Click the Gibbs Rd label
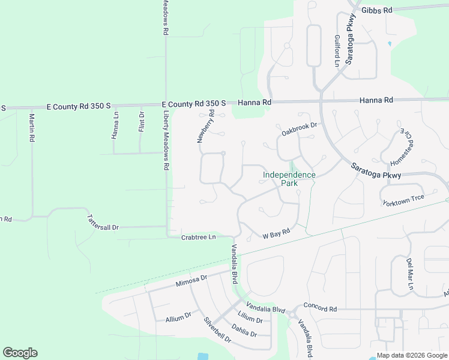pyautogui.click(x=376, y=10)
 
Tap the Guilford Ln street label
pyautogui.click(x=337, y=50)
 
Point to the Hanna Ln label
pyautogui.click(x=115, y=127)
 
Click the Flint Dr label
pyautogui.click(x=142, y=122)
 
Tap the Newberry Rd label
pyautogui.click(x=206, y=126)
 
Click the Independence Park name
pyautogui.click(x=289, y=179)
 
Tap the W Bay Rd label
pyautogui.click(x=276, y=232)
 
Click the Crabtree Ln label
pyautogui.click(x=198, y=238)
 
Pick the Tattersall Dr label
pyautogui.click(x=103, y=223)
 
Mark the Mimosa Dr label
pyautogui.click(x=191, y=281)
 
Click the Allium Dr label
pyautogui.click(x=178, y=317)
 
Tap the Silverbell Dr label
pyautogui.click(x=217, y=330)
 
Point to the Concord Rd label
pyautogui.click(x=320, y=308)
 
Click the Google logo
pyautogui.click(x=20, y=353)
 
